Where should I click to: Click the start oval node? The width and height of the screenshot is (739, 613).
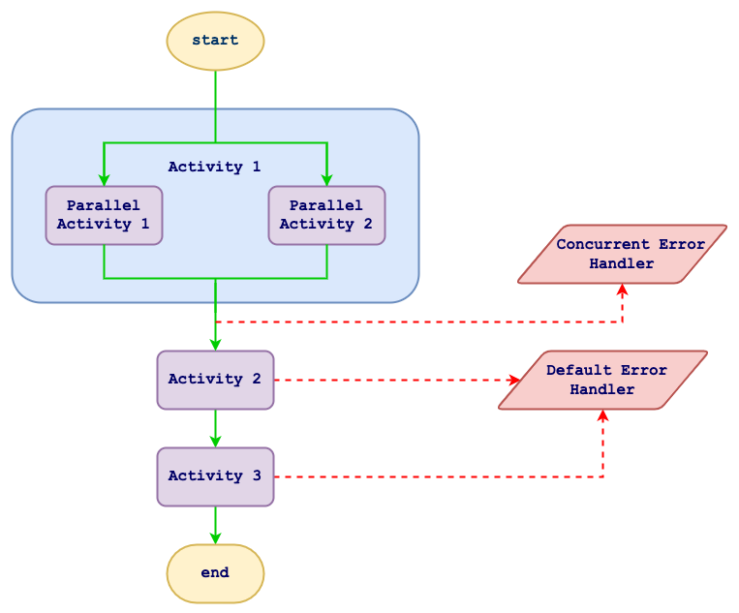[x=215, y=41]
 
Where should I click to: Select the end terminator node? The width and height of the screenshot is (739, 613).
[x=215, y=573]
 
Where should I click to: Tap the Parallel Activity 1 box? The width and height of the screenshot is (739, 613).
[x=104, y=215]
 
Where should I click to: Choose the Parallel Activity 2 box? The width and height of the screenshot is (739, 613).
[x=326, y=215]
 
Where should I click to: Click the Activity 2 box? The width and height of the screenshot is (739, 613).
[x=215, y=380]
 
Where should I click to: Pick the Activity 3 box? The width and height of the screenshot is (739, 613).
[x=215, y=476]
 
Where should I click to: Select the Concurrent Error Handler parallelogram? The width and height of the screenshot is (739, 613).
[x=622, y=255]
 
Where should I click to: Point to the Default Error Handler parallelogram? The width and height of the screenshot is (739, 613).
[x=602, y=380]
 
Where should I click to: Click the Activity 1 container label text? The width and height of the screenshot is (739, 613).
[x=215, y=167]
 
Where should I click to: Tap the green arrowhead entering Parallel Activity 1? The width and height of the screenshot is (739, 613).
[x=104, y=179]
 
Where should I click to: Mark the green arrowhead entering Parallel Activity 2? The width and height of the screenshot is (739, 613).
[x=326, y=179]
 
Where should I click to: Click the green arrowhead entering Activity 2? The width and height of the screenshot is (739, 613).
[x=215, y=344]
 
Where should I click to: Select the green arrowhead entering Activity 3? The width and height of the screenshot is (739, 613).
[x=215, y=441]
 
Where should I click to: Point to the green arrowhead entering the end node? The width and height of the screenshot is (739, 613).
[x=215, y=537]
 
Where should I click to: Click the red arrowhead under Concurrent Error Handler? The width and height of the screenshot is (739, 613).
[x=622, y=291]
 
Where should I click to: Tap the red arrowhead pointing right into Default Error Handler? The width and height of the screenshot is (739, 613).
[x=514, y=380]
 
